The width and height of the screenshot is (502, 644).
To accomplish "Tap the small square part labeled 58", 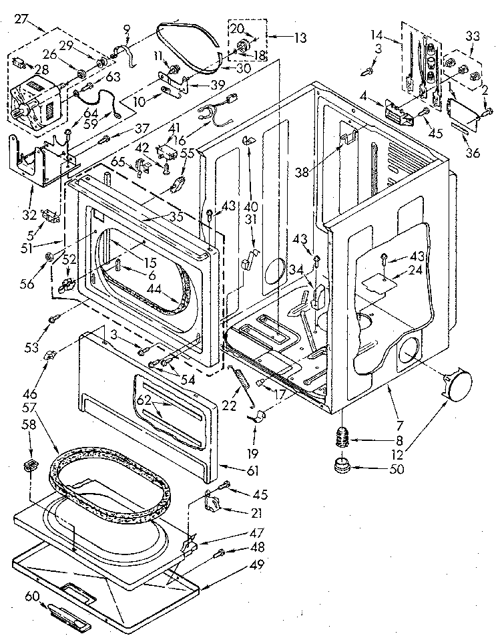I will click(30, 466).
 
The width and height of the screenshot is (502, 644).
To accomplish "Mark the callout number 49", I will click(257, 565).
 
